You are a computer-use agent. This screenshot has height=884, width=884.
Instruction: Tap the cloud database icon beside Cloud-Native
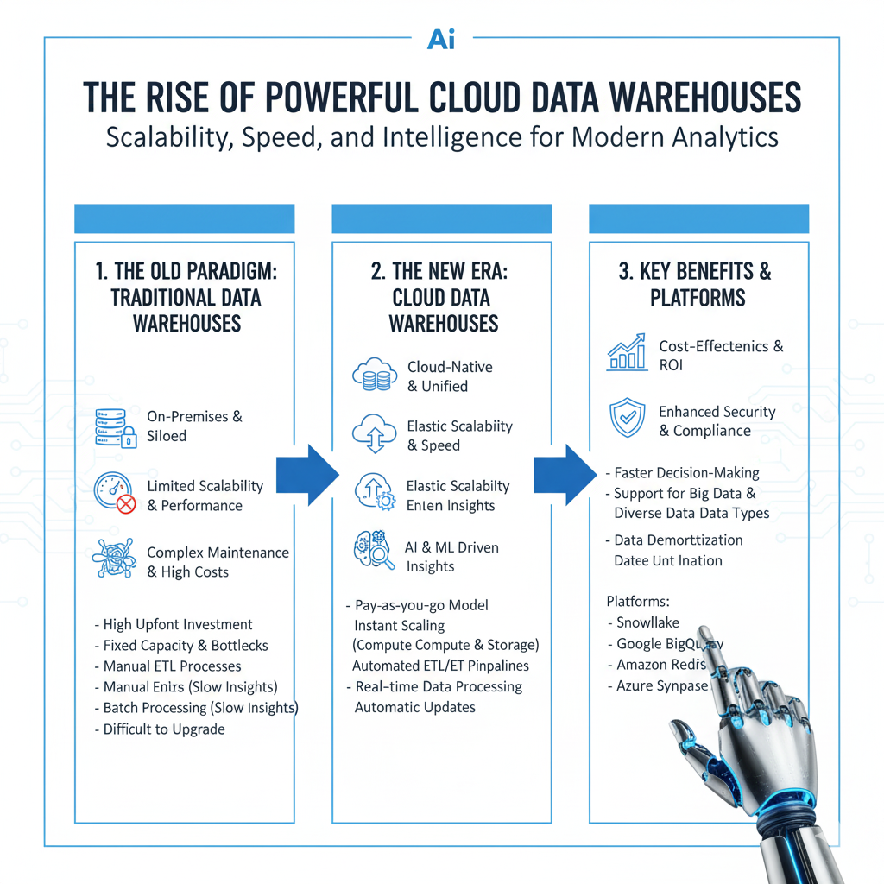tap(374, 376)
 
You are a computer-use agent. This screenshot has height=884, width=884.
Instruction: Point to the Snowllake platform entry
tap(647, 622)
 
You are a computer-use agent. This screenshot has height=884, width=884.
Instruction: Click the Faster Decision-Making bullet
tap(685, 472)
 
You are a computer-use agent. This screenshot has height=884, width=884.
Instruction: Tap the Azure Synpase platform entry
tap(661, 686)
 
